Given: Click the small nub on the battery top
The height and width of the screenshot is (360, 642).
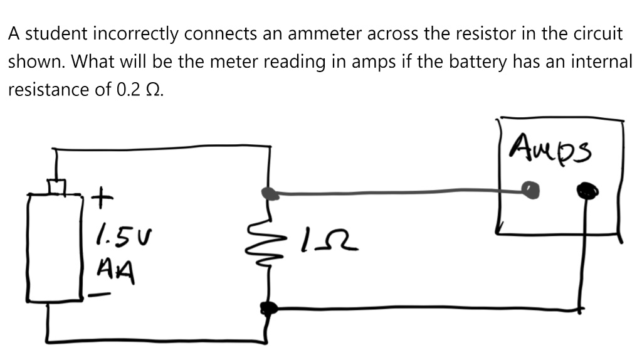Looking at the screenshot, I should (58, 187).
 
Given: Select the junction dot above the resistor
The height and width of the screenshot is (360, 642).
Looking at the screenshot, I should (270, 193).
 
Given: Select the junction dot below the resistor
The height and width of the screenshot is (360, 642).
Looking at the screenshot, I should (269, 308).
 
